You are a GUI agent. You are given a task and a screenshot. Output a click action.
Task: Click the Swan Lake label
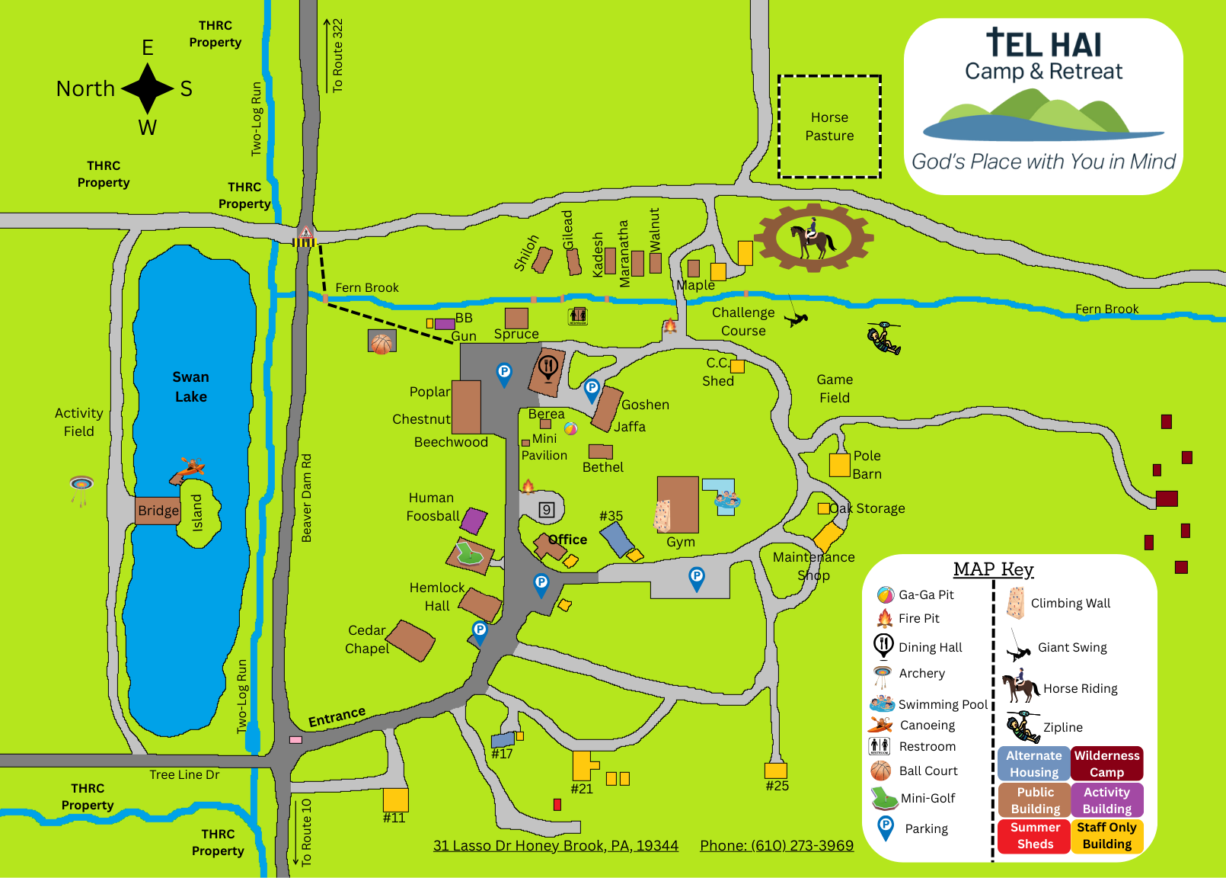tap(190, 386)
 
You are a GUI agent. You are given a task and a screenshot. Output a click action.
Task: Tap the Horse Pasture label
tap(829, 127)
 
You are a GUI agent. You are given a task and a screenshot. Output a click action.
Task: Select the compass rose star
tap(148, 88)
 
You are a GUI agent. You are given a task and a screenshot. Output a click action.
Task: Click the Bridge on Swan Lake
tap(158, 511)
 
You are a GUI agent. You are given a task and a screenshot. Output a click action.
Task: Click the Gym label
tap(681, 542)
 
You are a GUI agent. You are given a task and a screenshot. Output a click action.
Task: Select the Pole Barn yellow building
tap(839, 465)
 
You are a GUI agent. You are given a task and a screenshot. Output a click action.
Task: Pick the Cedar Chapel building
tap(411, 640)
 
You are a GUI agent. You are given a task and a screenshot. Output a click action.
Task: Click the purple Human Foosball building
tap(474, 521)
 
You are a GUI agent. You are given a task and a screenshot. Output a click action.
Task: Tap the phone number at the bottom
tap(777, 845)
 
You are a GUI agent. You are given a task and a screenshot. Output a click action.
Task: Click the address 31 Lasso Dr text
tap(555, 845)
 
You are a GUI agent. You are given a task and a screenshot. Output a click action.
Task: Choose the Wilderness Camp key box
tap(1106, 763)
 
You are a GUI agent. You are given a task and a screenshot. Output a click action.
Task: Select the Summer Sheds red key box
tap(1035, 835)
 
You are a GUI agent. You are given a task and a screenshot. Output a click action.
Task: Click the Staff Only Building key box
tap(1106, 835)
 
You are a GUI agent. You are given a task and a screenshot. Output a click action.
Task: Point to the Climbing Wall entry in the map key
tap(1070, 603)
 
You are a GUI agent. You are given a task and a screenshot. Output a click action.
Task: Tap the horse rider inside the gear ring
tap(813, 239)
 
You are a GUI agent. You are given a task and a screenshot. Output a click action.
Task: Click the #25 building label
tap(777, 786)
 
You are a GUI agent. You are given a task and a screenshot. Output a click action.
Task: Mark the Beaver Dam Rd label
tap(306, 498)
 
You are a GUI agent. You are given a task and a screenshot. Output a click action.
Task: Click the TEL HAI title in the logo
tap(1043, 44)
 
